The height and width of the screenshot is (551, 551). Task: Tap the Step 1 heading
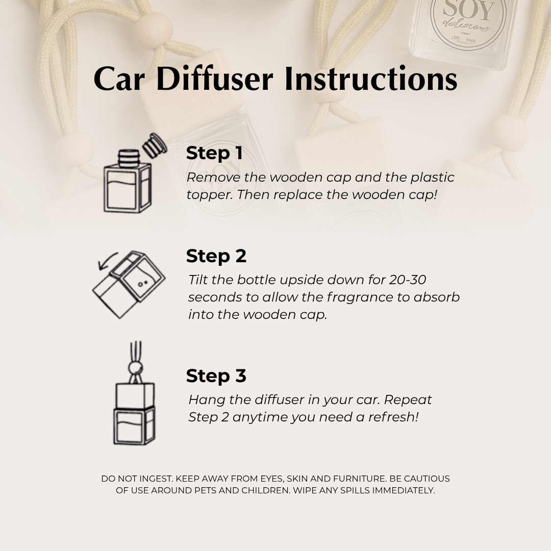point(214,153)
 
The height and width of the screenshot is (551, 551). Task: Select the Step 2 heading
point(216,256)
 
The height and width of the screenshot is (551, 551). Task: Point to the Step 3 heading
point(216,376)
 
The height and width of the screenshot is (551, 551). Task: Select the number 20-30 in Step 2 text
point(408,280)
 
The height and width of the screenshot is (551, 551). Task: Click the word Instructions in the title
point(371,79)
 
